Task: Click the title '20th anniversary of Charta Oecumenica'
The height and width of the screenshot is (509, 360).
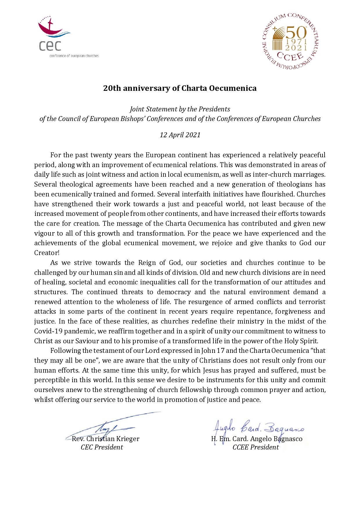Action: [x=180, y=88]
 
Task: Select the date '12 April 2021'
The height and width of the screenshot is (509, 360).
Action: [x=180, y=135]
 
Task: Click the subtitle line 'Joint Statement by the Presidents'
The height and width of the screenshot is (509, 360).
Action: [x=180, y=109]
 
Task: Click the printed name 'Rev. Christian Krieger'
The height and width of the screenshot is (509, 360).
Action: [x=106, y=438]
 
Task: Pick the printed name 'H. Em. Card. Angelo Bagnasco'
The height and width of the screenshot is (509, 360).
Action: [x=257, y=438]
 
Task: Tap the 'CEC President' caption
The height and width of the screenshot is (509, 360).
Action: [x=102, y=447]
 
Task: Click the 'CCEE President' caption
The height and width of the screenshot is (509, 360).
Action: [x=255, y=447]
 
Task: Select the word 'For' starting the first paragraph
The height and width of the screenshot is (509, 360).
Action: [x=55, y=155]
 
